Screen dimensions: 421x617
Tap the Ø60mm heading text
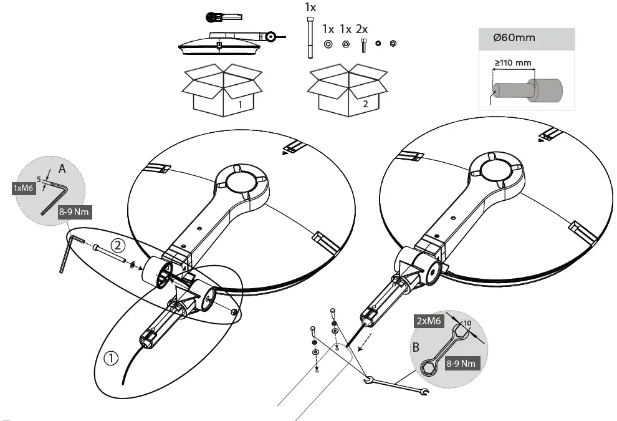(x=514, y=38)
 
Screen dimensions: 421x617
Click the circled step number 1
(x=110, y=359)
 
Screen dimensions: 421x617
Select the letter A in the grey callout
(x=62, y=170)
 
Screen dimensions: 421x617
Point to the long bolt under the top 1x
(x=310, y=39)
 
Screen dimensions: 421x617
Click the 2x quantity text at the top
(x=361, y=29)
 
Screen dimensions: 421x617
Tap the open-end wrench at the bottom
(x=396, y=384)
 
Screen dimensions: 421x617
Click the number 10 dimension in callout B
(x=468, y=324)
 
